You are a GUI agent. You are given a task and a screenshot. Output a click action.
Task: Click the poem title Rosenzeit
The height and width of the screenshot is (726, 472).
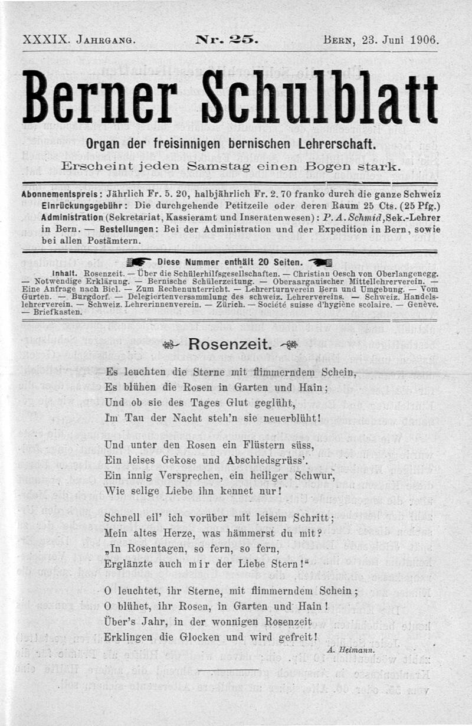pyautogui.click(x=230, y=345)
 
